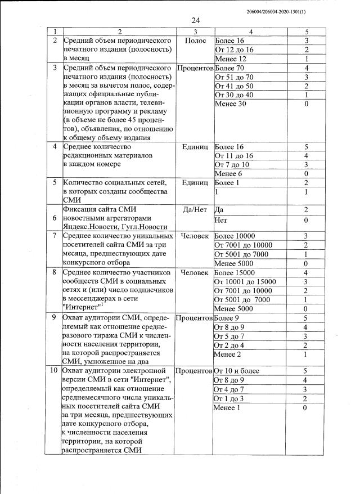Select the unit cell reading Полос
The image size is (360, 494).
pos(195,42)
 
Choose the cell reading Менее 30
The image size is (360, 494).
pos(231,104)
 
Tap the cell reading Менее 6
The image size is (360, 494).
pos(228,174)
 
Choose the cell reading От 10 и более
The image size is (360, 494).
pos(237,371)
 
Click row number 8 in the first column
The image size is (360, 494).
pos(55,272)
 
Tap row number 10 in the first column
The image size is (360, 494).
pos(55,371)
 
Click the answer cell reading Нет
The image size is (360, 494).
pos(222,221)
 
